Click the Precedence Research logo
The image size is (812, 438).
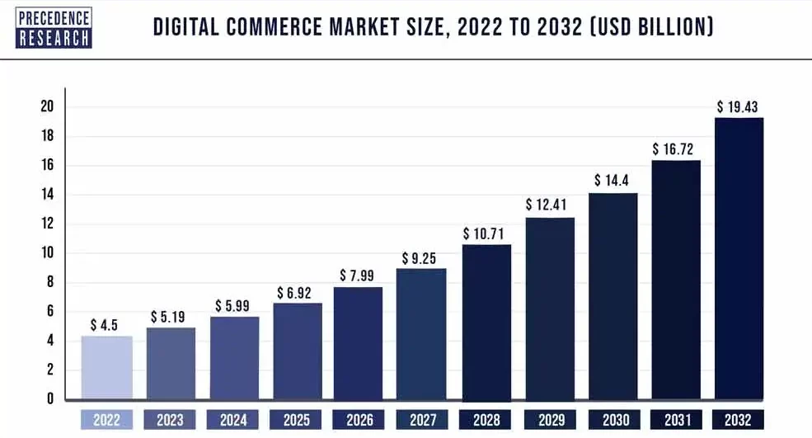tap(54, 28)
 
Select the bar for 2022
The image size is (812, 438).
tap(106, 368)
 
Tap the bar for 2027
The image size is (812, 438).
tap(421, 334)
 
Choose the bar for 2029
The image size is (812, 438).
tap(549, 308)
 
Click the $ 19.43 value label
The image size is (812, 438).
tap(738, 106)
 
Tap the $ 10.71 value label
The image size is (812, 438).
tap(486, 233)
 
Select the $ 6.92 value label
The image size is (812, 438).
tap(295, 293)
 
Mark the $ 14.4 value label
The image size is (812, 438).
tap(612, 181)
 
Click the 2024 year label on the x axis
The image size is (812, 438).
tap(232, 420)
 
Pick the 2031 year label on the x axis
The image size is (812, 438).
tap(675, 420)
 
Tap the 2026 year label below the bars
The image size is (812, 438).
tap(359, 420)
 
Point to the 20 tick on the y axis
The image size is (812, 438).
tap(47, 106)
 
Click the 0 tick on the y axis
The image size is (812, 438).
tap(50, 399)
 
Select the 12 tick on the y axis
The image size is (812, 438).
tap(47, 224)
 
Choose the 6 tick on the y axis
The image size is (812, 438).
tap(50, 312)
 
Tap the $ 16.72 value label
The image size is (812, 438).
tap(675, 148)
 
